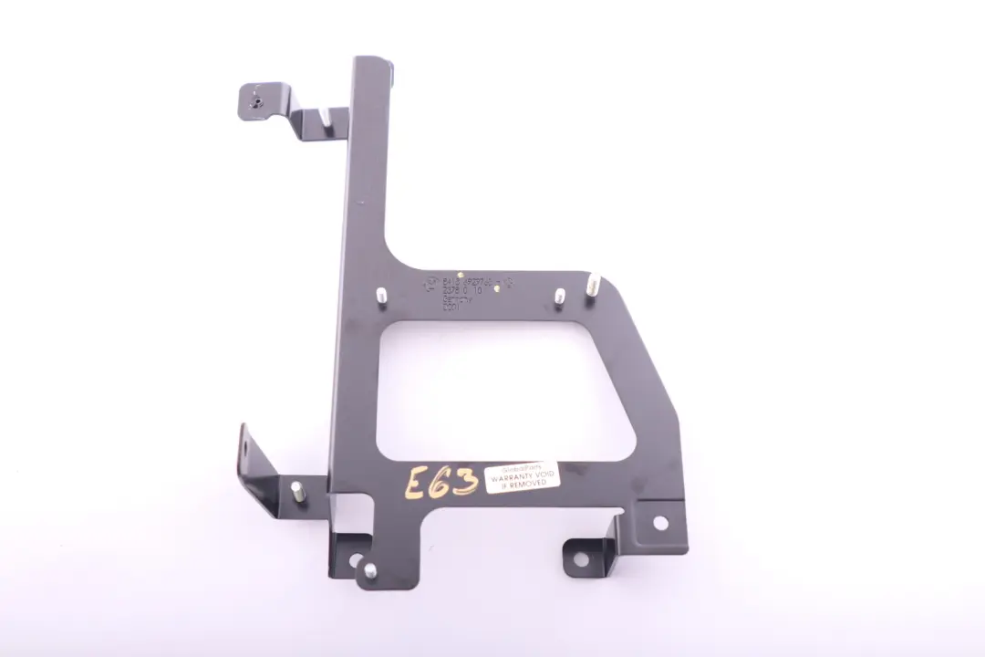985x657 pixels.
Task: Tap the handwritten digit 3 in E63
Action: (x=464, y=480)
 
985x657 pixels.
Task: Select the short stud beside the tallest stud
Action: (x=559, y=296)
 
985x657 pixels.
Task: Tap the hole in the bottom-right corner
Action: (x=659, y=522)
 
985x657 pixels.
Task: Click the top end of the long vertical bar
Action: (x=373, y=66)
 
